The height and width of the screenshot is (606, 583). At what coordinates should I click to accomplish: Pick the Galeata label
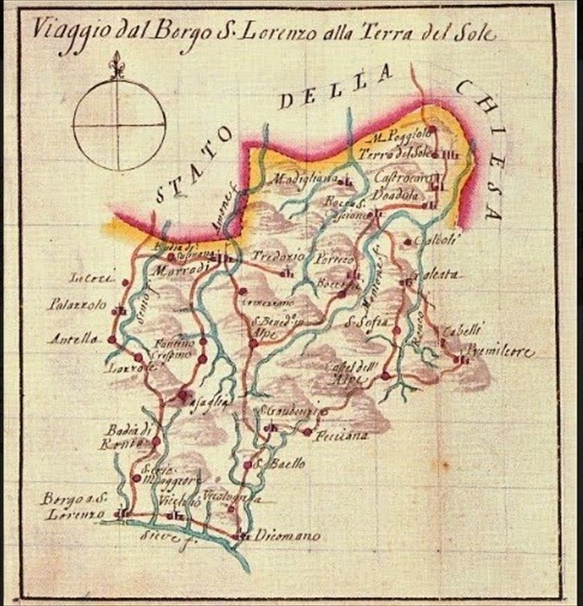[439, 275]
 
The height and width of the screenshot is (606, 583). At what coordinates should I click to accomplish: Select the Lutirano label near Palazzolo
[87, 279]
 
